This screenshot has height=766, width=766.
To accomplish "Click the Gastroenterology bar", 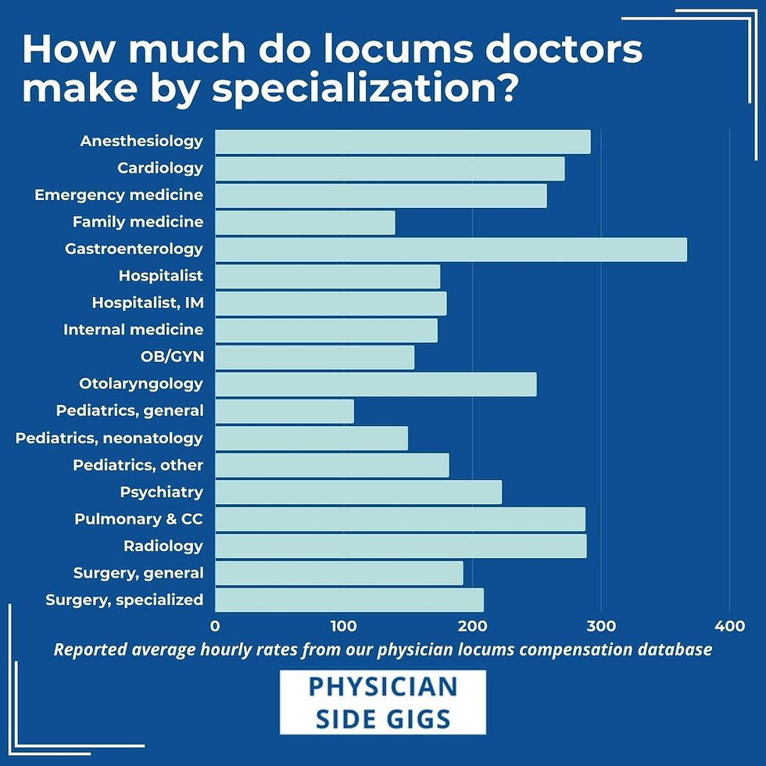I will click(x=450, y=249).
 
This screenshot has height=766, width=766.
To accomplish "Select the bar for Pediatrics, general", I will click(x=284, y=411).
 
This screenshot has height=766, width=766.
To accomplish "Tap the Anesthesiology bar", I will click(x=402, y=141).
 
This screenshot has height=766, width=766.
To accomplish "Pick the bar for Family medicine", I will click(x=304, y=223).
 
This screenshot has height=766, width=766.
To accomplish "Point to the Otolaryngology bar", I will click(x=375, y=384).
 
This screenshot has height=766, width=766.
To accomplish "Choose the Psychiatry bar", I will click(x=358, y=492).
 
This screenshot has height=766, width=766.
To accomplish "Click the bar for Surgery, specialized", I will click(x=349, y=600).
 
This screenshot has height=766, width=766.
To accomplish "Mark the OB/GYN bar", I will click(x=314, y=357).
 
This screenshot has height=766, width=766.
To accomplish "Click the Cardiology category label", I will click(x=160, y=168).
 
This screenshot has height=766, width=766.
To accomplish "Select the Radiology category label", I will click(x=163, y=546).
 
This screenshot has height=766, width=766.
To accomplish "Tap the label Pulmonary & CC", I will click(x=138, y=519).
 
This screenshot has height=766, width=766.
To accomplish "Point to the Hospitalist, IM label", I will click(x=147, y=302).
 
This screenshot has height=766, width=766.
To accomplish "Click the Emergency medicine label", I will click(x=119, y=195).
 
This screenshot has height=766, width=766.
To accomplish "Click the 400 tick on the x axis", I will click(x=729, y=625).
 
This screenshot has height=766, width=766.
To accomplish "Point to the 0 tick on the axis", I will click(x=215, y=625).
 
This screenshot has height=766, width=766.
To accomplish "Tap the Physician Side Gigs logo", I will click(x=382, y=702).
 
